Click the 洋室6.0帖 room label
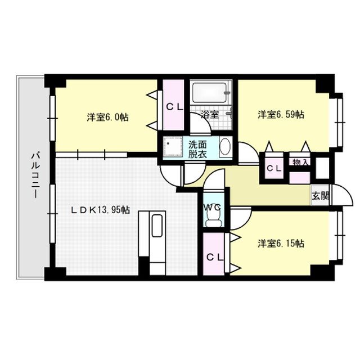pos(107,118)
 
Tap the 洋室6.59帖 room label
pos(281,114)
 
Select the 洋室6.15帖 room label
pos(281,243)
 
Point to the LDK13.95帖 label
pos(100,210)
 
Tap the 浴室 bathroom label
pos(210,114)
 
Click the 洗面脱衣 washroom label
pos(197,149)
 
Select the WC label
pos(213,207)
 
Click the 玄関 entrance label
pos(320,196)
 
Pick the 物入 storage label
pos(300,163)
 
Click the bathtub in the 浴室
pos(210,92)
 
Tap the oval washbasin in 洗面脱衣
pos(226,147)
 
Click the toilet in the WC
pos(214,219)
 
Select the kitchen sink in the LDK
pos(157,226)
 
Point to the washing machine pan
pos(173,147)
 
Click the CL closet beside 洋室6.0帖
pos(174,105)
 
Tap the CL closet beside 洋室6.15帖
pos(214,254)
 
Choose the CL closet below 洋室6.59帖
pos(274,168)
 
